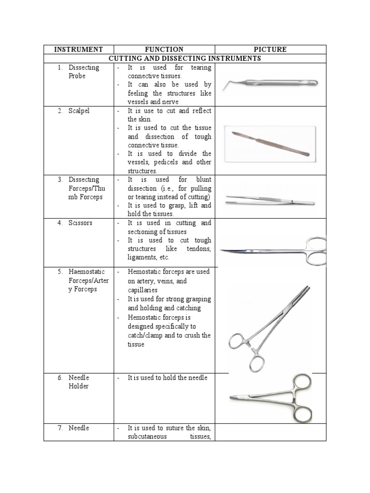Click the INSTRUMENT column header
pos(79,49)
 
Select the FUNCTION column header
pos(164,49)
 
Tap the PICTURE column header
pos(270,49)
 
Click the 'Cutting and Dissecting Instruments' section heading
pos(185,58)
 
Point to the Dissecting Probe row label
pos(83,72)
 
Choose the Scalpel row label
pos(79,111)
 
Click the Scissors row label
pos(80,223)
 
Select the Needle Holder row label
pos(79,382)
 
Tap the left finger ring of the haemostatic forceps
pos(238,343)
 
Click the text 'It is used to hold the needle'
pos(167,378)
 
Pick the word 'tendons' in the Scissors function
pos(198,249)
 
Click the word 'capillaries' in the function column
pos(143,290)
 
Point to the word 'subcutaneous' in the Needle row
pos(147,436)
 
